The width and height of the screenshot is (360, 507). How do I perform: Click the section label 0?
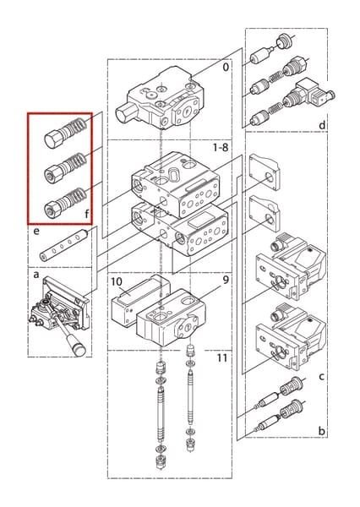tap(226, 67)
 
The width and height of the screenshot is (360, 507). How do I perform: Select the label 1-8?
tap(221, 148)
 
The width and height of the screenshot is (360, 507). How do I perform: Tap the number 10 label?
tap(117, 281)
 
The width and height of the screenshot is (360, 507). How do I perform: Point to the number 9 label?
tap(226, 280)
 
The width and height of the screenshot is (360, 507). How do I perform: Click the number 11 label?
tap(222, 358)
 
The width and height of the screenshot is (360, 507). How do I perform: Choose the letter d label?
tap(322, 125)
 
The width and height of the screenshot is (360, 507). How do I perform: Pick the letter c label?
tap(321, 377)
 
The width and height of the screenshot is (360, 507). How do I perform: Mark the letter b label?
tap(321, 431)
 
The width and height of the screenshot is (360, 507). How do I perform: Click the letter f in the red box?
tap(87, 214)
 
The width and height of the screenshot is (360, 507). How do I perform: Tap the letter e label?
tap(36, 232)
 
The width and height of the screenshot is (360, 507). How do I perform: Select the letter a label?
tap(36, 275)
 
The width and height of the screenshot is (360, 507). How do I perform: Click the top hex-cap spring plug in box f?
tap(65, 133)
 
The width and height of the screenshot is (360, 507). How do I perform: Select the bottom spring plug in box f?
tap(65, 202)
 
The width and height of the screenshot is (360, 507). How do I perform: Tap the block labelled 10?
tap(139, 300)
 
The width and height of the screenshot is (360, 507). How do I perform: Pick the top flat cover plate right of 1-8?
tap(265, 172)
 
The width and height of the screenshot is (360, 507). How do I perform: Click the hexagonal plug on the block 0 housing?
tap(125, 112)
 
